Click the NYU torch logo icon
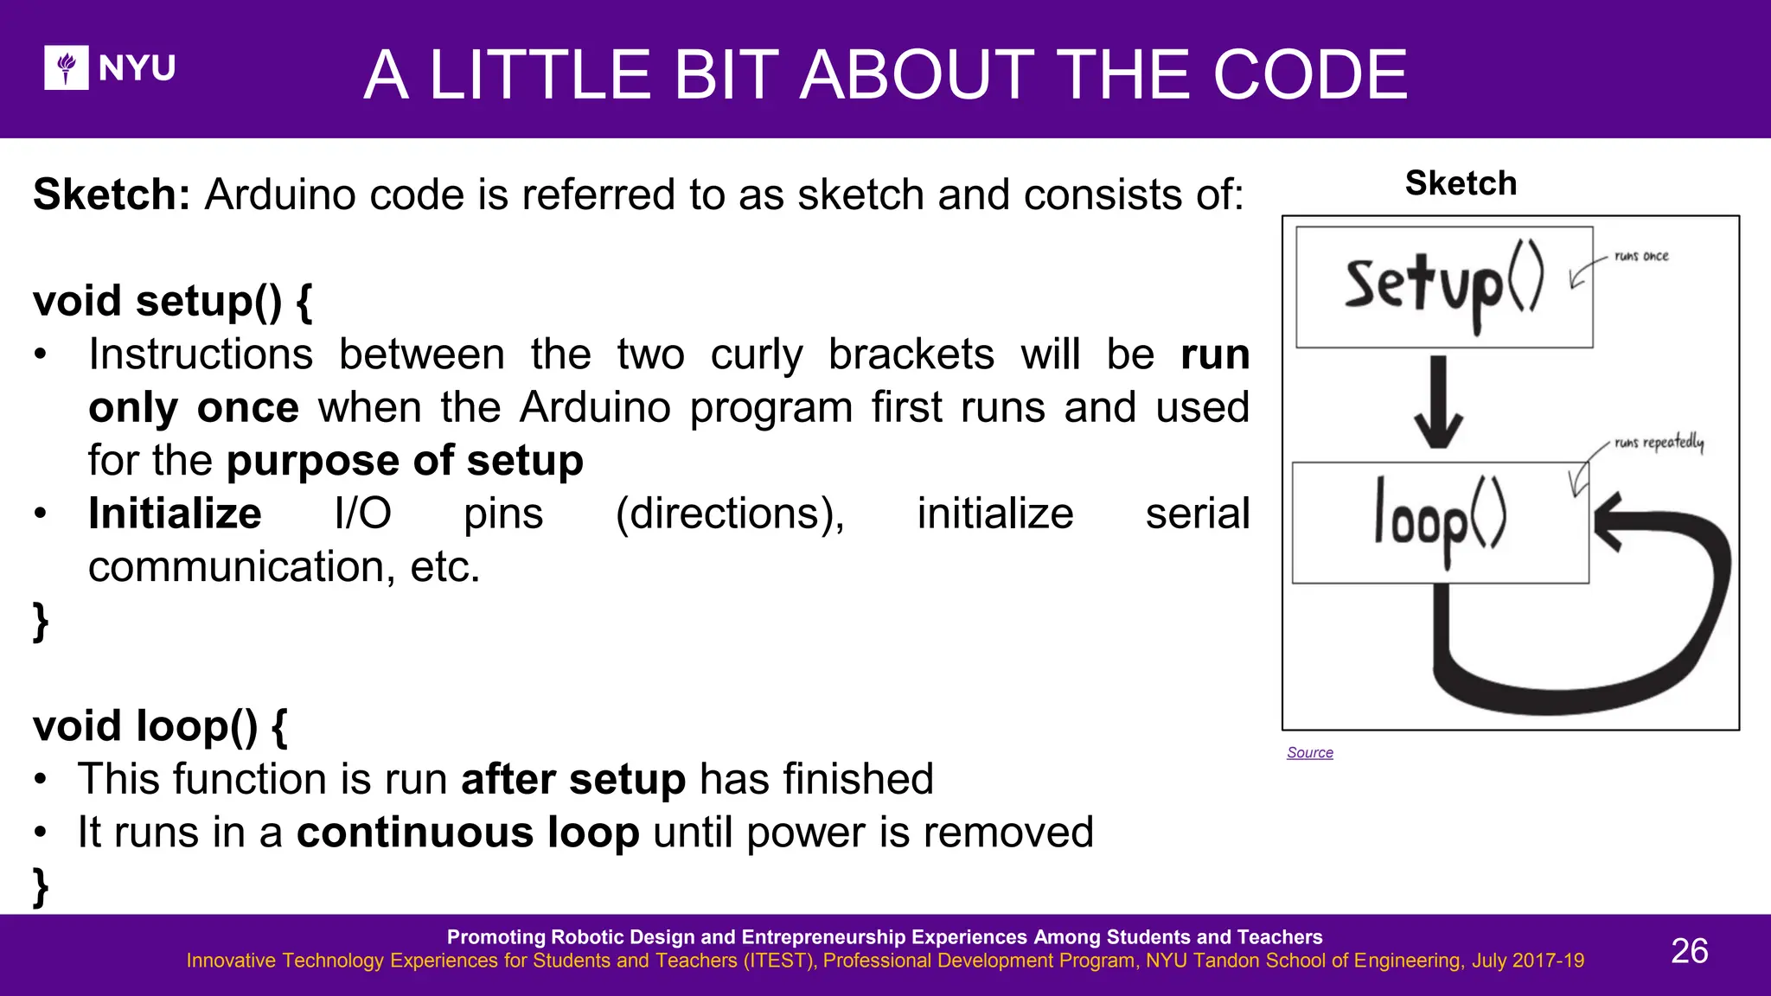pyautogui.click(x=67, y=67)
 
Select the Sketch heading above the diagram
pyautogui.click(x=1461, y=183)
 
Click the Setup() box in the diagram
pyautogui.click(x=1443, y=287)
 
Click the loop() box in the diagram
pyautogui.click(x=1440, y=522)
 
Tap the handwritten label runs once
pyautogui.click(x=1640, y=257)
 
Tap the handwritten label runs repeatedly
pyautogui.click(x=1659, y=443)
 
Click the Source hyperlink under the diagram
pyautogui.click(x=1309, y=753)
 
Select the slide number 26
pyautogui.click(x=1689, y=951)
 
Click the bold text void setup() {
pyautogui.click(x=173, y=302)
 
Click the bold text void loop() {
pyautogui.click(x=160, y=726)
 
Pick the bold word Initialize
pyautogui.click(x=175, y=514)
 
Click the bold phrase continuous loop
pyautogui.click(x=468, y=833)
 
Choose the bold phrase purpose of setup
pyautogui.click(x=405, y=461)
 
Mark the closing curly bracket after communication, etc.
pyautogui.click(x=40, y=621)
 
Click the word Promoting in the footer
pyautogui.click(x=495, y=937)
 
